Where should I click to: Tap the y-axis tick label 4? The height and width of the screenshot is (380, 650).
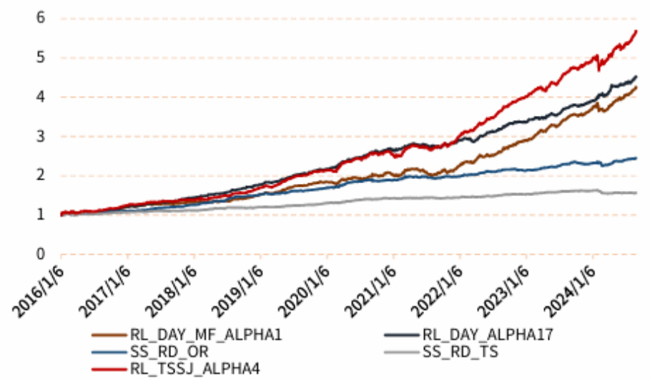coord(41,97)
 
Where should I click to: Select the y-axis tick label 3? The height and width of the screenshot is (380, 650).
coord(41,136)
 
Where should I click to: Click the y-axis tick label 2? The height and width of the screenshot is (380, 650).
coord(41,175)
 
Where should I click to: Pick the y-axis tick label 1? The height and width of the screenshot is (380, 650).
coord(41,215)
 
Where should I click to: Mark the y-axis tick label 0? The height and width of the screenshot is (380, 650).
coord(41,254)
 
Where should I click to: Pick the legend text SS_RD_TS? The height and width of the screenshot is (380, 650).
coord(460,351)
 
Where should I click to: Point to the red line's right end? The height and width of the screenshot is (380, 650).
coord(636,31)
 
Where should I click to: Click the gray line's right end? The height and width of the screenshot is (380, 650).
coord(636,193)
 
